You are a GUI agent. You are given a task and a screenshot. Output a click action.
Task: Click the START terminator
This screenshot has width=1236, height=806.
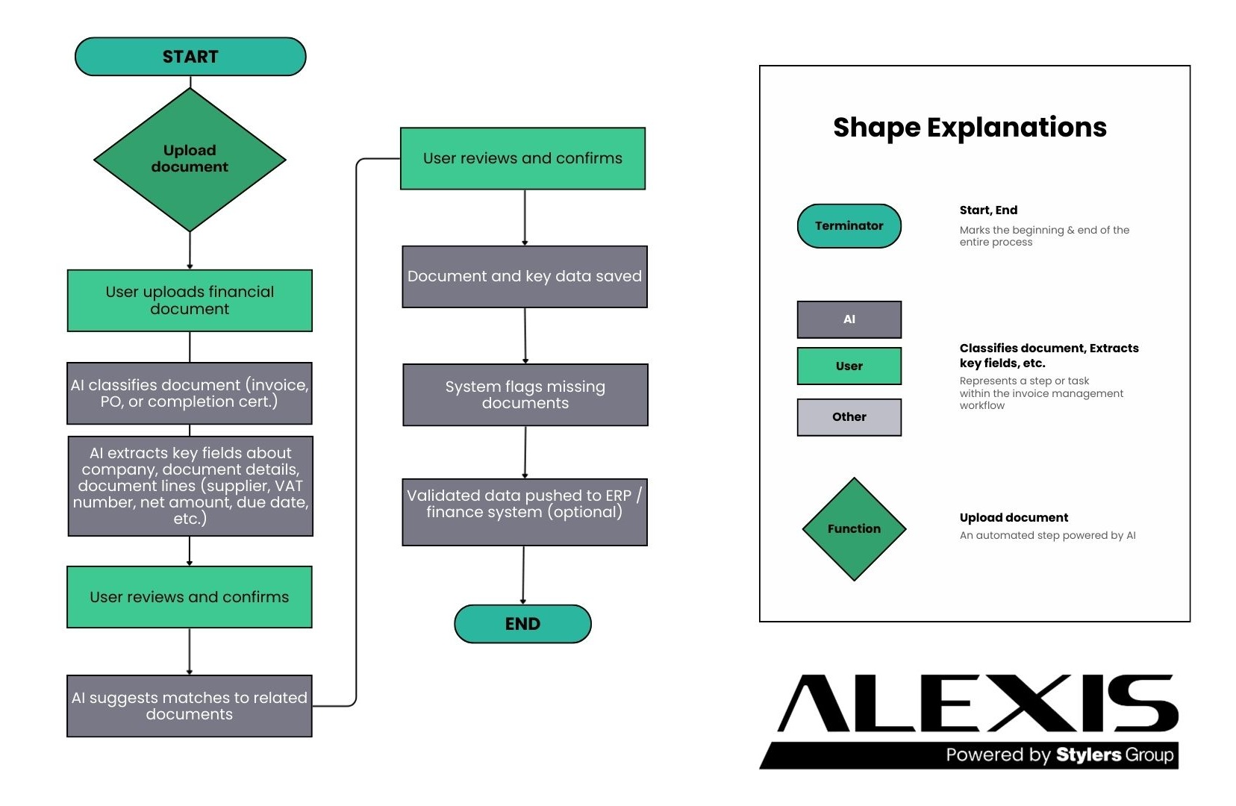(x=190, y=57)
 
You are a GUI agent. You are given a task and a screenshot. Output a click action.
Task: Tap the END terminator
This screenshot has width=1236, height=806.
(x=522, y=624)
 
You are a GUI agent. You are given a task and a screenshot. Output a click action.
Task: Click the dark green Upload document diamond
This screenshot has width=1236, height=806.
(x=190, y=159)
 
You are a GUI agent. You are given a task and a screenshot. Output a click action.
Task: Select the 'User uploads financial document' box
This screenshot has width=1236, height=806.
(x=190, y=300)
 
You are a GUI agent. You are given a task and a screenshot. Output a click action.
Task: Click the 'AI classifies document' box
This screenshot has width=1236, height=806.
(x=190, y=393)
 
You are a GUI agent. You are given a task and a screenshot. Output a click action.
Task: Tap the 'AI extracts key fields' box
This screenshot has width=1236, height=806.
(x=190, y=486)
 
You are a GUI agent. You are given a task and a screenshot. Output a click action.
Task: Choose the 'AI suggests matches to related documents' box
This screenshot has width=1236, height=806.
(x=190, y=706)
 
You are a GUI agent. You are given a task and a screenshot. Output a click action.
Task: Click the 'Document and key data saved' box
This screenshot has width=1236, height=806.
(x=524, y=276)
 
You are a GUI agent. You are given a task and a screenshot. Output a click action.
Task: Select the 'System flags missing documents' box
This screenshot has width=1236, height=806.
(x=525, y=395)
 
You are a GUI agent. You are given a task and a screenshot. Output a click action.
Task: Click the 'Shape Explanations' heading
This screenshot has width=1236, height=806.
(x=970, y=128)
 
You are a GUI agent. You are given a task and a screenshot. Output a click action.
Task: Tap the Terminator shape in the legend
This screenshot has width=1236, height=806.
(x=849, y=226)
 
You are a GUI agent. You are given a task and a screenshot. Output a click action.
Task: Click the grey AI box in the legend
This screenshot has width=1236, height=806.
(x=849, y=319)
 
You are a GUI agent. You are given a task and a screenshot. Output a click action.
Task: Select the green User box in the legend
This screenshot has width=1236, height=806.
(x=849, y=366)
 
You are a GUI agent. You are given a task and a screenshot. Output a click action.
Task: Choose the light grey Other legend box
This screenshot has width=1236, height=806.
(x=849, y=417)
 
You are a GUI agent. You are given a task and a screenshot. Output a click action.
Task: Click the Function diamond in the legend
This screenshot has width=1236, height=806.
(x=854, y=529)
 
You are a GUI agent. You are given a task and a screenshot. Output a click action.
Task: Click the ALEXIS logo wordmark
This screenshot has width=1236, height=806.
(x=977, y=704)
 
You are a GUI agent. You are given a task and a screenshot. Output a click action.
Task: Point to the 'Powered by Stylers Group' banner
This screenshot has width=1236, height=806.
(x=1059, y=755)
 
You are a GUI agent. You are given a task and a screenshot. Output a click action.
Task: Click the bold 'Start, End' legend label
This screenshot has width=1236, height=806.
(x=988, y=210)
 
